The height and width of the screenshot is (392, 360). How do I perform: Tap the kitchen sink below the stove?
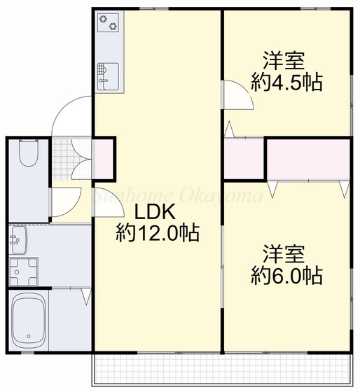[108, 74]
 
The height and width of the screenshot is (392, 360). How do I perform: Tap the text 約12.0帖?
[157, 233]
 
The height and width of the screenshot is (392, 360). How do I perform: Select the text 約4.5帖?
[287, 82]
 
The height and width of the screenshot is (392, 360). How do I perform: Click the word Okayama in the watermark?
[231, 196]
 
